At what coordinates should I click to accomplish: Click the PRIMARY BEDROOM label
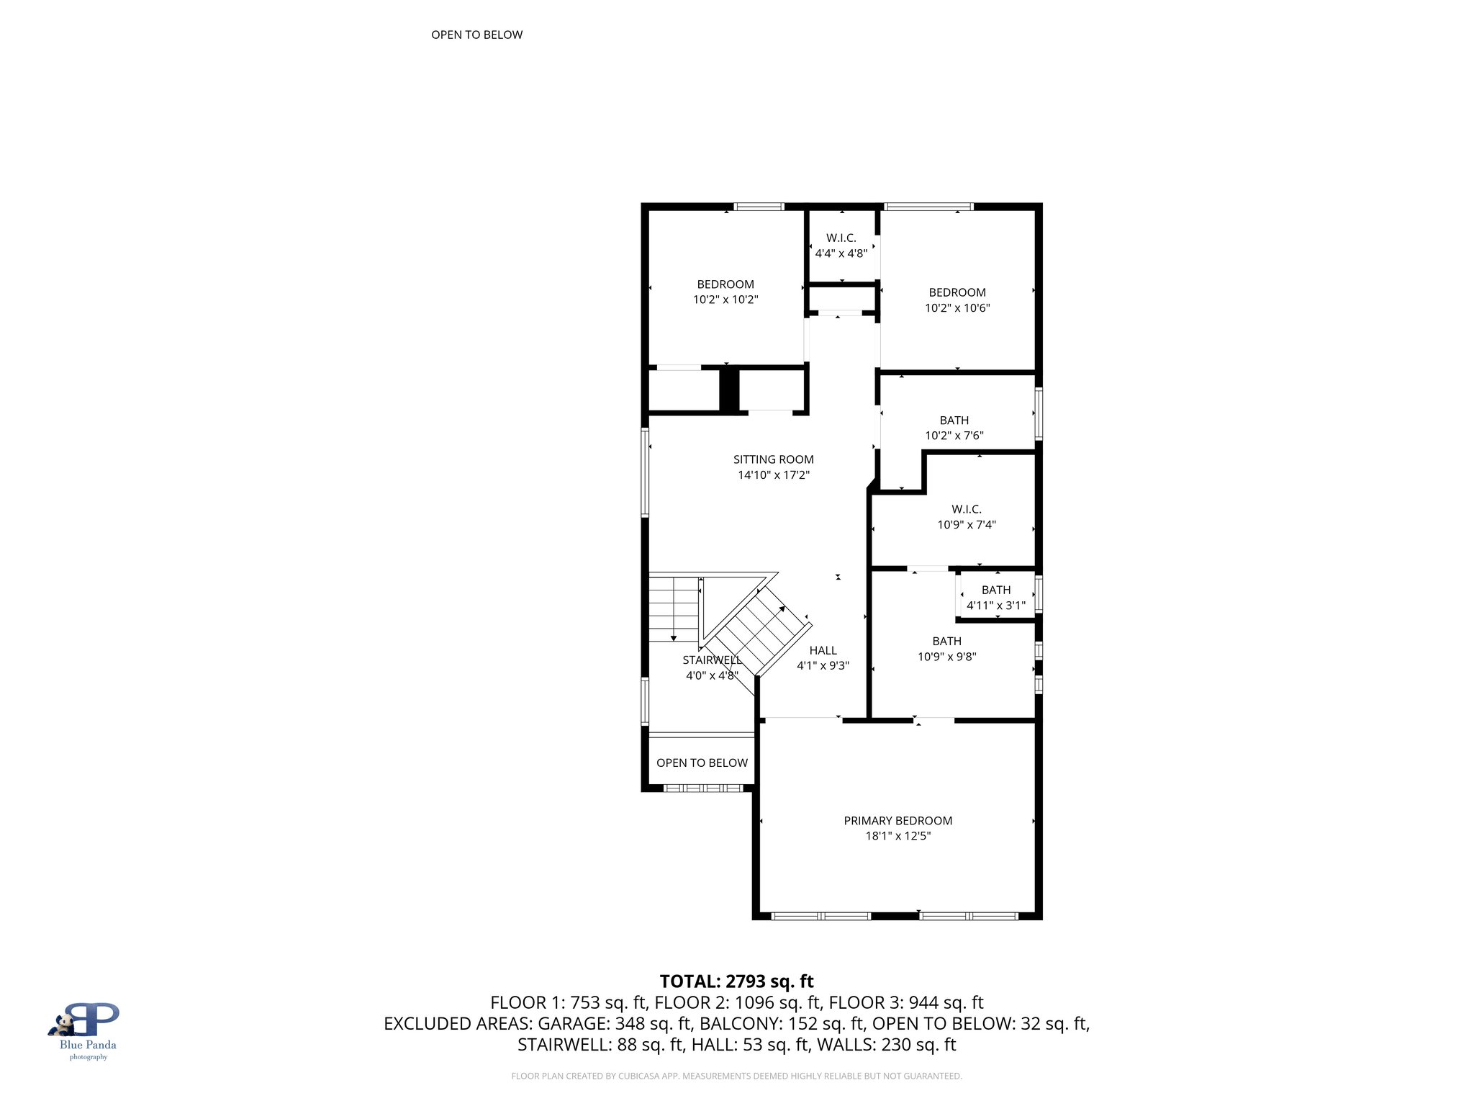tap(897, 820)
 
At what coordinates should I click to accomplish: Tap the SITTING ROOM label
tap(773, 459)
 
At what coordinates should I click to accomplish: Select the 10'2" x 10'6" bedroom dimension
tap(957, 308)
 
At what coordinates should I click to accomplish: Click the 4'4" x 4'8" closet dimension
tap(841, 253)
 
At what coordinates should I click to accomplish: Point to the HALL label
tap(823, 650)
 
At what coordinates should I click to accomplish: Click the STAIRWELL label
tap(712, 660)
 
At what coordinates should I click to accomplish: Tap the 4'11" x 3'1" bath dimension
tap(995, 606)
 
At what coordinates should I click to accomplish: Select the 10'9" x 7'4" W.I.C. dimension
tap(966, 525)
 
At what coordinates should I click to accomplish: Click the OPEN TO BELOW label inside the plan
tap(702, 763)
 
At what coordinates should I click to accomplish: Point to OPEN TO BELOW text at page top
tap(476, 35)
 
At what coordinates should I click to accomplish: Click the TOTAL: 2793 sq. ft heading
tap(736, 981)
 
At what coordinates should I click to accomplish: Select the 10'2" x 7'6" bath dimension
tap(954, 436)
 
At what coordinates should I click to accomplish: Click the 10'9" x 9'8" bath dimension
tap(946, 657)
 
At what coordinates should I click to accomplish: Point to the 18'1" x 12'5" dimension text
tap(897, 836)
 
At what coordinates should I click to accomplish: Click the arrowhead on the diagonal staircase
tap(782, 609)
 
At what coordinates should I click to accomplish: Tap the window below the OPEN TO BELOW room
tap(702, 788)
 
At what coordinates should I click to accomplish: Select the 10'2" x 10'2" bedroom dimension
tap(725, 300)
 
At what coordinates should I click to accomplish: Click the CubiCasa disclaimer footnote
tap(736, 1076)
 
